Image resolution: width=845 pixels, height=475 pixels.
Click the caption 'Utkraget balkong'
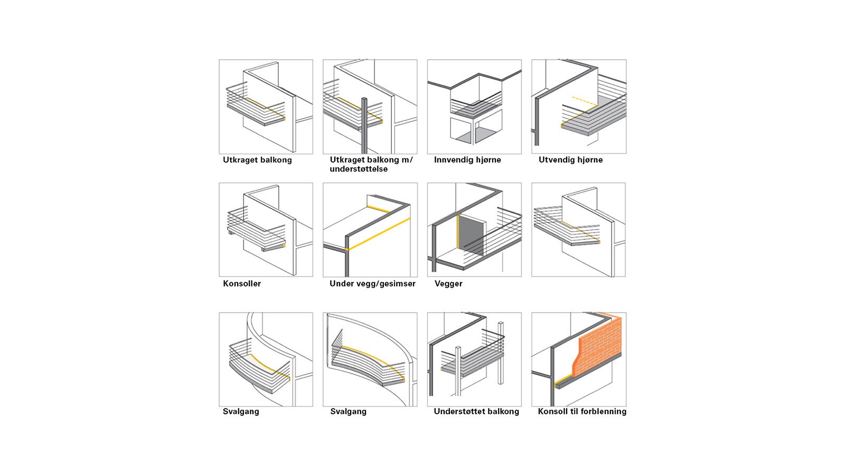tap(257, 160)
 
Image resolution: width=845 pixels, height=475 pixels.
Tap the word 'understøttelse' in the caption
tap(359, 169)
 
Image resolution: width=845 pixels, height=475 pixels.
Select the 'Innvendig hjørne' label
tap(467, 160)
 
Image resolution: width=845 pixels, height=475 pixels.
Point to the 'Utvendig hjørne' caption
tap(570, 160)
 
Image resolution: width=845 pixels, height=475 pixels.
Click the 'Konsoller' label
tap(242, 283)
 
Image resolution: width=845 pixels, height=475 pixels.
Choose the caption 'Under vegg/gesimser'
tap(372, 283)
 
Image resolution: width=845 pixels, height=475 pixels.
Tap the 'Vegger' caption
tap(448, 283)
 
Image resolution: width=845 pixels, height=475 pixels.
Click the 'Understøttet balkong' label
tap(476, 411)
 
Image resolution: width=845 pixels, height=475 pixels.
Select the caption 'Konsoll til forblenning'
tap(582, 411)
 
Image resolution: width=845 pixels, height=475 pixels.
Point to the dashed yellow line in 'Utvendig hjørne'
tap(585, 101)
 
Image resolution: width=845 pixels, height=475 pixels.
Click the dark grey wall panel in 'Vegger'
tap(472, 235)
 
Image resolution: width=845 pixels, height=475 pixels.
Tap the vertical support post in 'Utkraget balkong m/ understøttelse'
tap(364, 125)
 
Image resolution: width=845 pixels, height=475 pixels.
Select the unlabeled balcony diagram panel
tap(579, 230)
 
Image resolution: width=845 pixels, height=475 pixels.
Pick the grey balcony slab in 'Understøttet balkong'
tap(473, 366)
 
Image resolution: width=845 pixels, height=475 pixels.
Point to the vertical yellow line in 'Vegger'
tap(458, 232)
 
